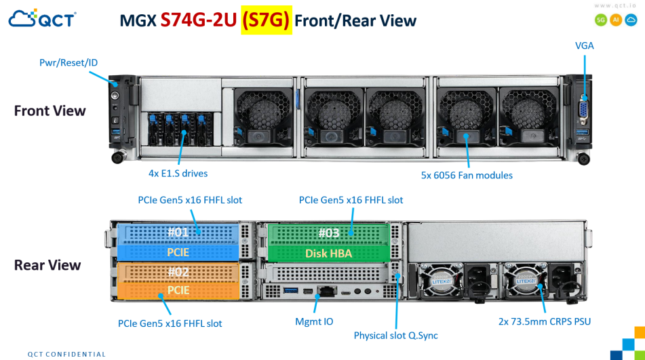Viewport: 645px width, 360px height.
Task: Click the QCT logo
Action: click(x=42, y=18)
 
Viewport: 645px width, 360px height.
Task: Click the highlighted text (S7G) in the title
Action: click(x=266, y=20)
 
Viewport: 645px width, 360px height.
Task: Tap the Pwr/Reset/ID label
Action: click(x=69, y=62)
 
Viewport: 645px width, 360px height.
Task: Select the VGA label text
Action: click(x=584, y=45)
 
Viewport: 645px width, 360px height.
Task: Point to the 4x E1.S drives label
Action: click(x=178, y=174)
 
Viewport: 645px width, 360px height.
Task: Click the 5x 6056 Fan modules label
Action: click(x=467, y=176)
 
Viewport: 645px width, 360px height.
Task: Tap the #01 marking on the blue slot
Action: click(x=178, y=232)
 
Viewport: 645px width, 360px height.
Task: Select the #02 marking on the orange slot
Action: click(x=178, y=272)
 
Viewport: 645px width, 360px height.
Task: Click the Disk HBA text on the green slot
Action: click(x=328, y=254)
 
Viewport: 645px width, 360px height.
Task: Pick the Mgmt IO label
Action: click(x=314, y=321)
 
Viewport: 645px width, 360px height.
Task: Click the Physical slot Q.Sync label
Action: click(x=395, y=336)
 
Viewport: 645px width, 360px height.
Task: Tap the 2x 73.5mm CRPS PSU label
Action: click(x=544, y=321)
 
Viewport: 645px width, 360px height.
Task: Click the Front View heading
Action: click(x=50, y=111)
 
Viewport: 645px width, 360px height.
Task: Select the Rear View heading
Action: click(x=47, y=265)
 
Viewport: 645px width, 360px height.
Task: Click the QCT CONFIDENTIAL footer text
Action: click(x=66, y=355)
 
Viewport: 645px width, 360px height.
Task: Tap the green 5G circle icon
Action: click(x=601, y=20)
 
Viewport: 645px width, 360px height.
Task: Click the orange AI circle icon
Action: click(x=616, y=20)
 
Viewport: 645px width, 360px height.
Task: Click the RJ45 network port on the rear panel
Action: click(x=327, y=291)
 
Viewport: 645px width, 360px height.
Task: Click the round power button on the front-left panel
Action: click(x=115, y=96)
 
